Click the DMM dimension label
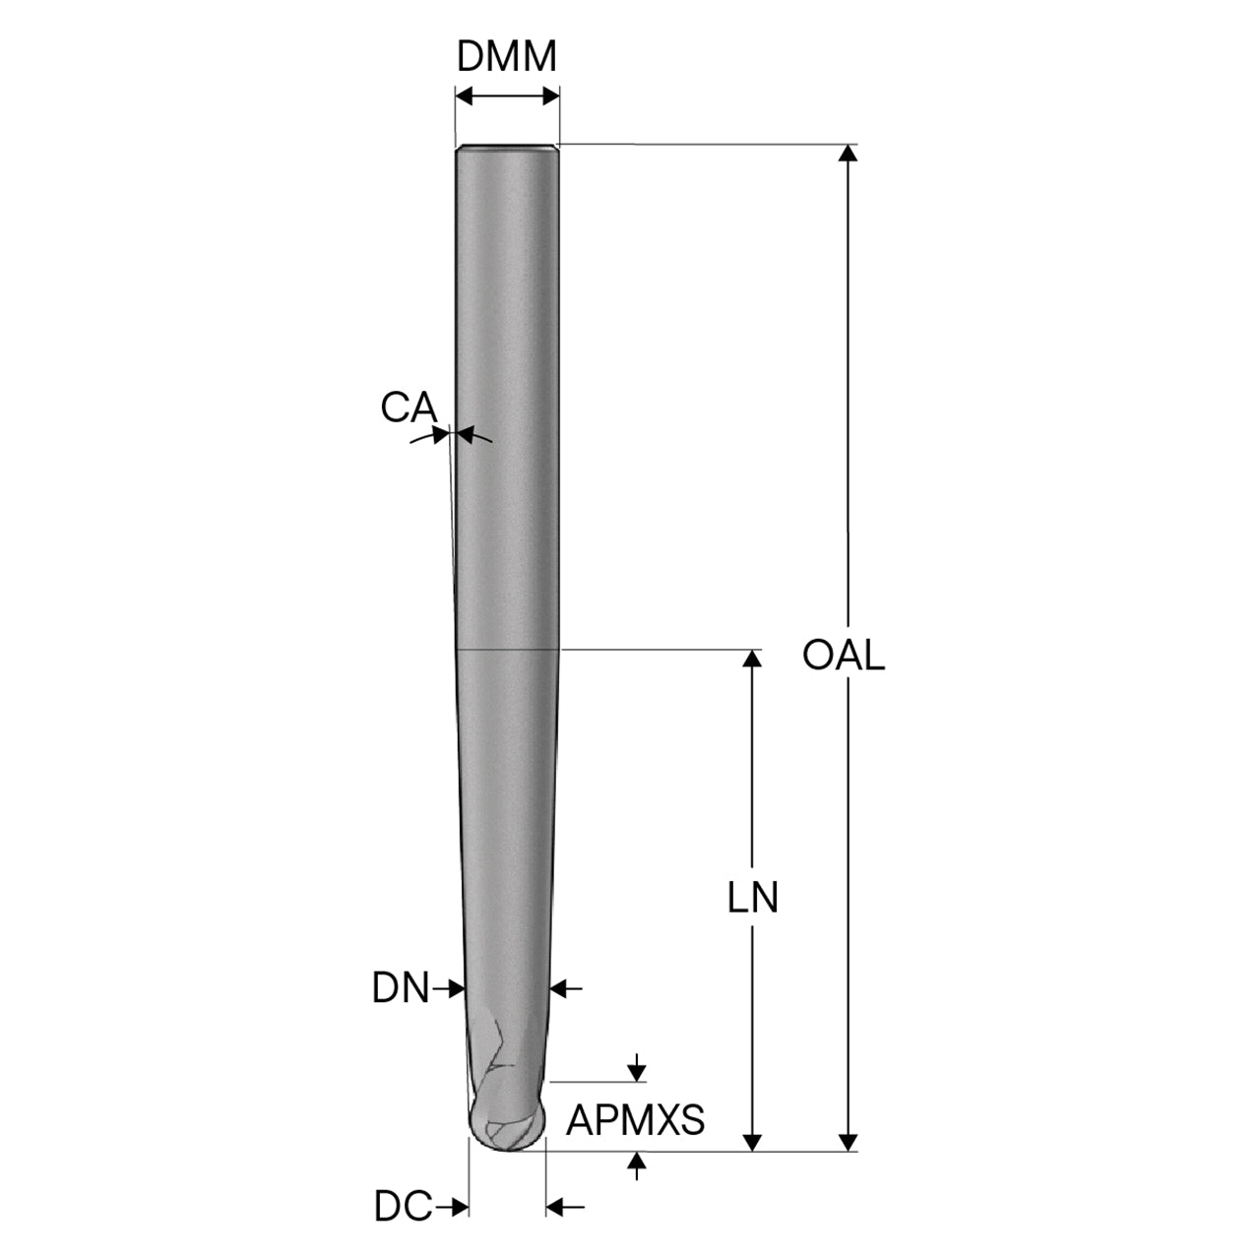506,56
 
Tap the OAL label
844,655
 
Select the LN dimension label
753,897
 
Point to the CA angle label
409,407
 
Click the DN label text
401,987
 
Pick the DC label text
403,1207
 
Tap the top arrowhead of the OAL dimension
849,153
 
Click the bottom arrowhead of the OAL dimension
849,1142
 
